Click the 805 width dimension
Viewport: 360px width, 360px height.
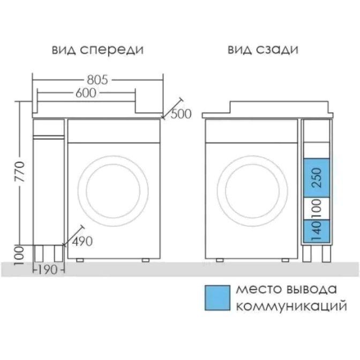(97, 80)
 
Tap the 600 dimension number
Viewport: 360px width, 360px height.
(86, 93)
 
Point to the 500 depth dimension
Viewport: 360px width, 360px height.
(181, 114)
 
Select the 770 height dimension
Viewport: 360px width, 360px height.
(19, 171)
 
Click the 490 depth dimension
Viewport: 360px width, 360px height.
(82, 241)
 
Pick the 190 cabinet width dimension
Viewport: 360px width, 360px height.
(48, 269)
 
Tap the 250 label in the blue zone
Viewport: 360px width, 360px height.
(317, 178)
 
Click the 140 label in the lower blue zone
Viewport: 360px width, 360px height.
(317, 231)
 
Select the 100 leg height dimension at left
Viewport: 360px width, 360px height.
(19, 256)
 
